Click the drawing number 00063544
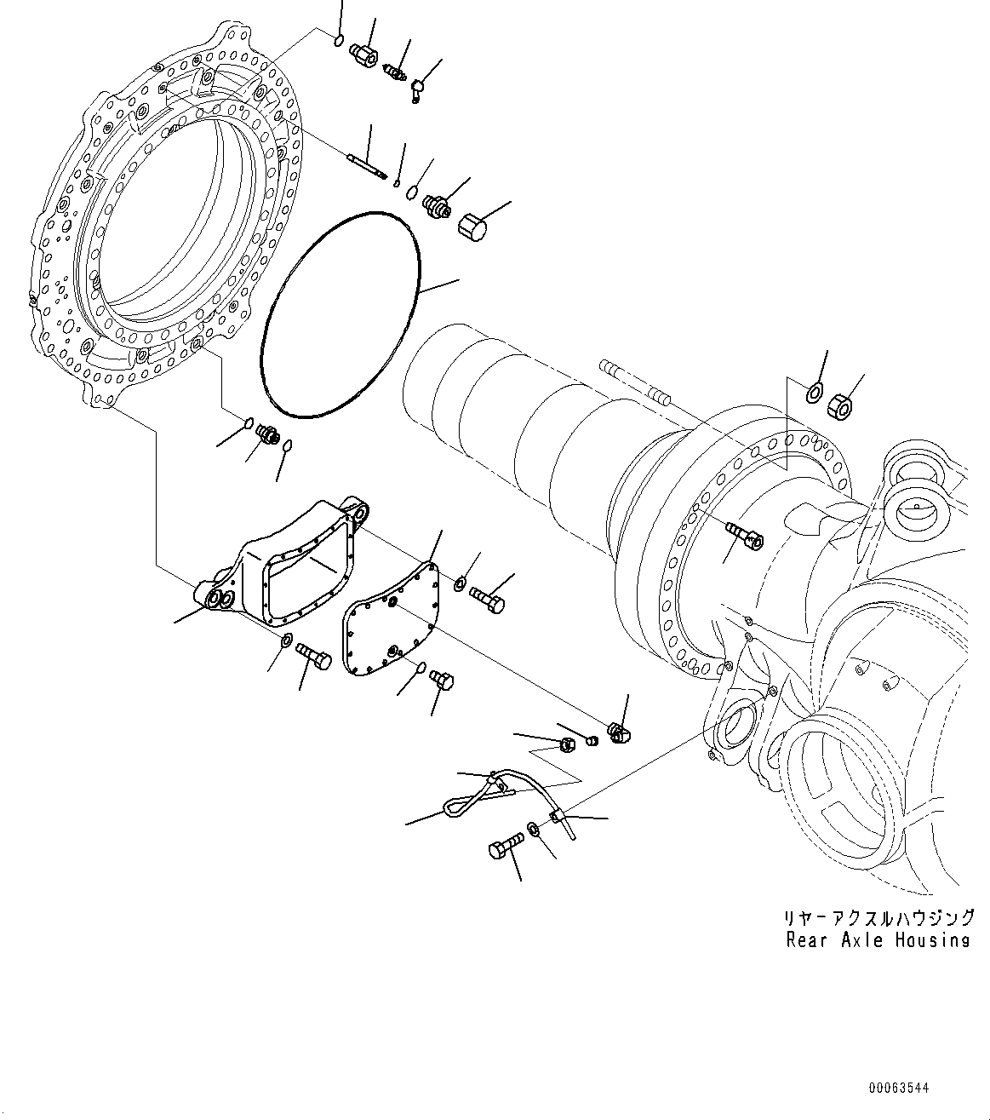coord(899,1088)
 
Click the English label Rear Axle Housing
coord(878,940)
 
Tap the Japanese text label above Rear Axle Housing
coord(878,918)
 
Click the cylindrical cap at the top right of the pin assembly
coord(471,227)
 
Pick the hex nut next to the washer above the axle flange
coord(840,405)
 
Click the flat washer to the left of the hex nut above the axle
coord(812,393)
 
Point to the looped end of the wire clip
coord(454,802)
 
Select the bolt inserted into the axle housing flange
coord(746,536)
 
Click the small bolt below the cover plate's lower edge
coord(443,679)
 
